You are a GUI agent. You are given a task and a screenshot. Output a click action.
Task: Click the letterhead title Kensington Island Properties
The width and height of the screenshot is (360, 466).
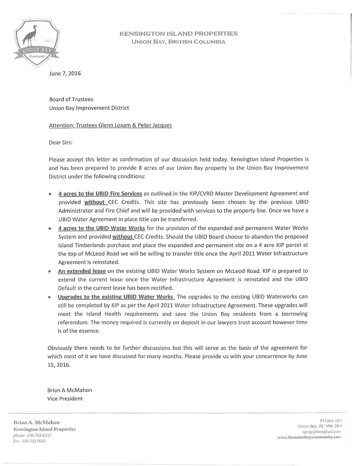(178, 34)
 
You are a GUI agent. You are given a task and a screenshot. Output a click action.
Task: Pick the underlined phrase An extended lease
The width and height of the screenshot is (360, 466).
(82, 271)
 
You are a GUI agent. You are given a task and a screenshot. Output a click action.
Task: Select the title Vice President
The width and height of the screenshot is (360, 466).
(65, 399)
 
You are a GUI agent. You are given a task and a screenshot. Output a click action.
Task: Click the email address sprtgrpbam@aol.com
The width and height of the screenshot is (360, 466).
(321, 431)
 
